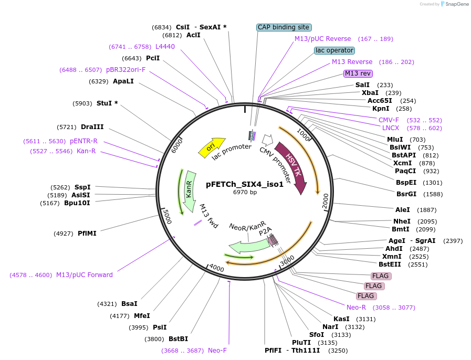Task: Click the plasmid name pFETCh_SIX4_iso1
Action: tap(245, 184)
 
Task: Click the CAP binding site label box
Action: tap(284, 27)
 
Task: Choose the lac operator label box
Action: tap(334, 50)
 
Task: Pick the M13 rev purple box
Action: tap(358, 73)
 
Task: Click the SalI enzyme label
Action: tap(362, 85)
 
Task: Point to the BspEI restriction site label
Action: tap(406, 183)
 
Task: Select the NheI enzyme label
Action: tap(402, 221)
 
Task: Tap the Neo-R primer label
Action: tap(356, 307)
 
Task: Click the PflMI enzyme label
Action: tap(87, 233)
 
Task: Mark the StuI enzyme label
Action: tap(104, 103)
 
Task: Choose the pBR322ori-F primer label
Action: tap(125, 69)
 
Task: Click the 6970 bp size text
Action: tap(245, 192)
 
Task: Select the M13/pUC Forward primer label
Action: tap(84, 274)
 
